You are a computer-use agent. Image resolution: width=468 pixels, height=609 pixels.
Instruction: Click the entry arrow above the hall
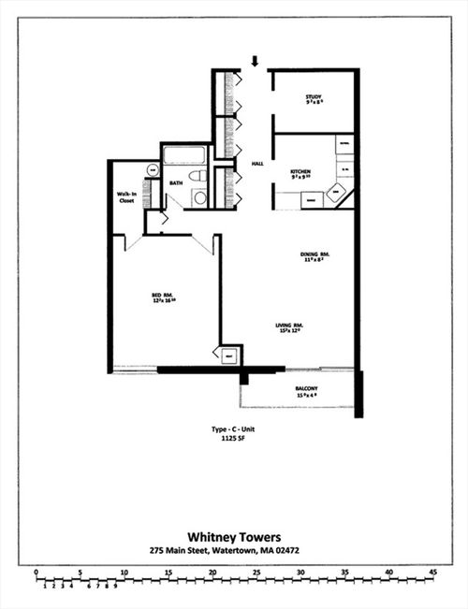(255, 62)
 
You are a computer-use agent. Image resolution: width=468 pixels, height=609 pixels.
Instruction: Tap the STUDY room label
(314, 100)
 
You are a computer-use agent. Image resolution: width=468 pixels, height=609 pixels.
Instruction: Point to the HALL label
(256, 163)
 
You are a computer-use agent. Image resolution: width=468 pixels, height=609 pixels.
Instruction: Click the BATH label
(175, 182)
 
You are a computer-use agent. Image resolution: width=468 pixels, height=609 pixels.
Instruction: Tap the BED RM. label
(164, 298)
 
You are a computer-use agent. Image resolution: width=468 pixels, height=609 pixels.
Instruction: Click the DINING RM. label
(312, 257)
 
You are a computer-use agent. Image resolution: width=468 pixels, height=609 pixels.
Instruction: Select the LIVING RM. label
(289, 327)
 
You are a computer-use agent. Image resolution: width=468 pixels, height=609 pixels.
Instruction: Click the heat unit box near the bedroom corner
(228, 355)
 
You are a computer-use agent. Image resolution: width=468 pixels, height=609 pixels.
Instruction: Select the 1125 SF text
(232, 438)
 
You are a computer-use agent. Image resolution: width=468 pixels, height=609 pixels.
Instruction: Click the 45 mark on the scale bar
(433, 571)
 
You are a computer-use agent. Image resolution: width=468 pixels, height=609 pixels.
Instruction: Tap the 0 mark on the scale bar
(36, 571)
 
